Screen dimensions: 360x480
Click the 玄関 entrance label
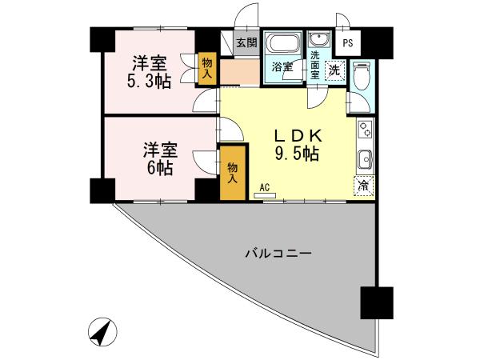pyautogui.click(x=246, y=42)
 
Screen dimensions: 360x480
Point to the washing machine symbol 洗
pyautogui.click(x=336, y=69)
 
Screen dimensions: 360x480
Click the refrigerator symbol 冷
pyautogui.click(x=363, y=186)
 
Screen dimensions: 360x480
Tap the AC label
pyautogui.click(x=264, y=187)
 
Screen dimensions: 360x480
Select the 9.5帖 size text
pyautogui.click(x=298, y=153)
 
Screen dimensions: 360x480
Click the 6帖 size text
pyautogui.click(x=159, y=168)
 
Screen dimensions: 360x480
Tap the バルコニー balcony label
pyautogui.click(x=278, y=254)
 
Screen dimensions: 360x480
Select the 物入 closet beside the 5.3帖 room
pyautogui.click(x=206, y=67)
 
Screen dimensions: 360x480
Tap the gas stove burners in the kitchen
pyautogui.click(x=364, y=130)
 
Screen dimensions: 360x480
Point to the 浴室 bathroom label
pyautogui.click(x=281, y=68)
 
